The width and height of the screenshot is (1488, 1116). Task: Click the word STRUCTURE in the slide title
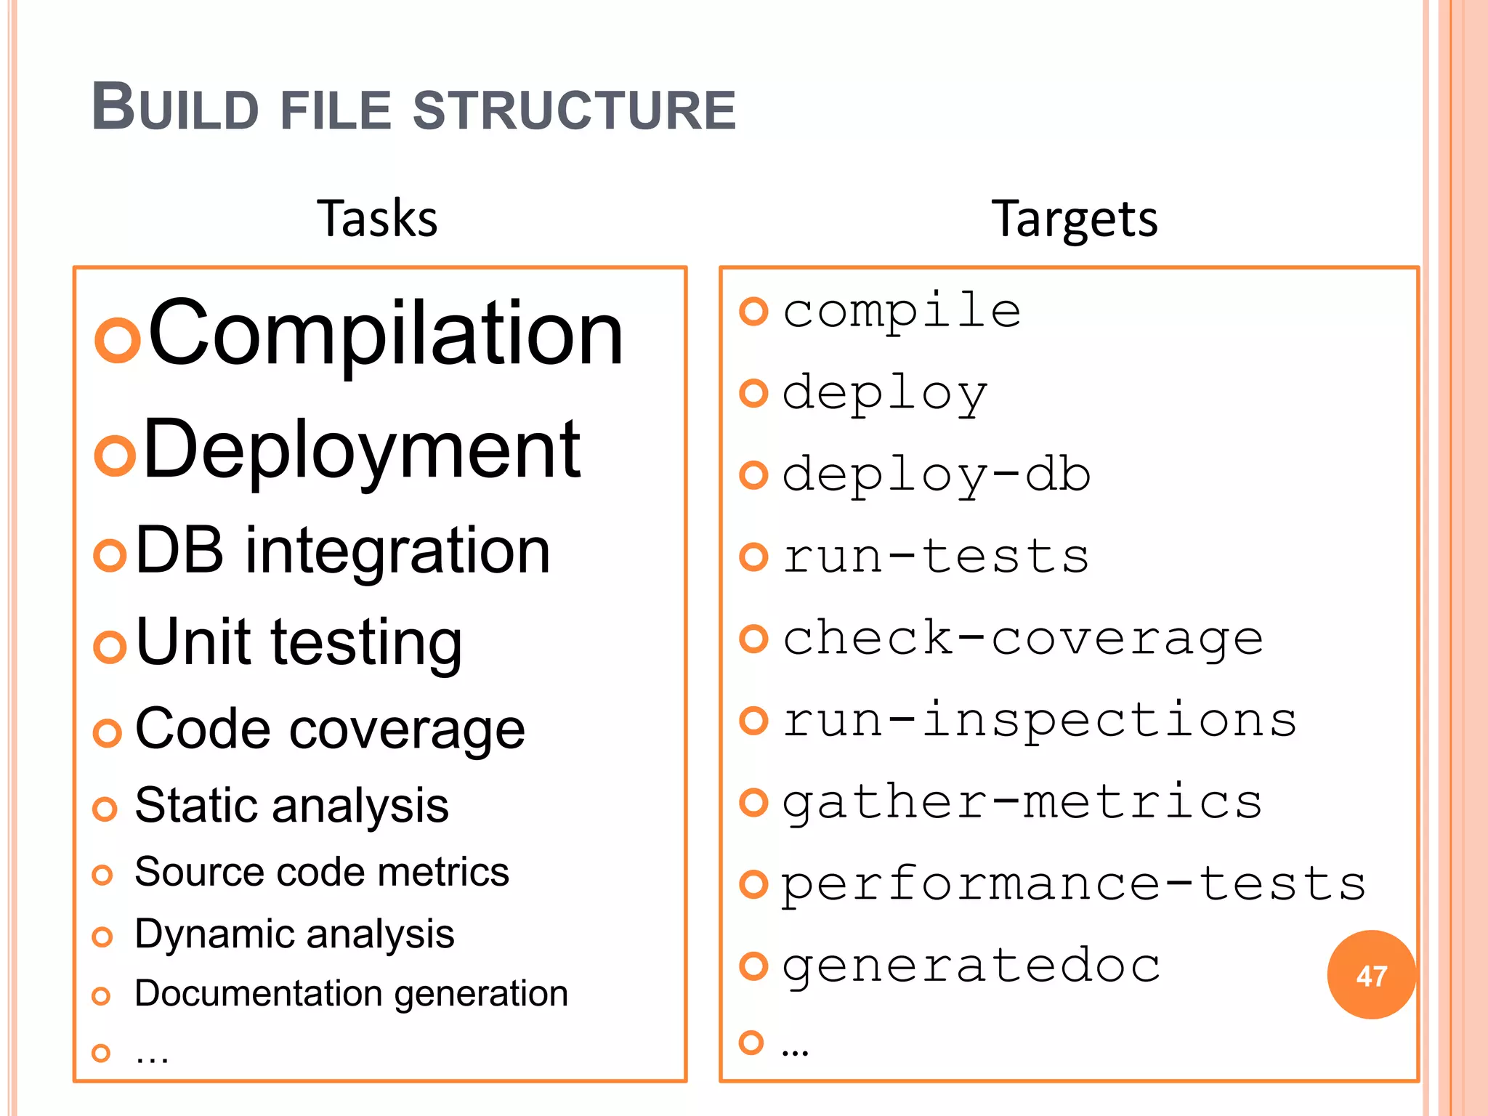pos(574,110)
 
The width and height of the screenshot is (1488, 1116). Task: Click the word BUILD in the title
pos(175,109)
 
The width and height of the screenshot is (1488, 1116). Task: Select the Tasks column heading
pos(377,219)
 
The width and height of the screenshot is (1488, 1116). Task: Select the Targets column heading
pos(1074,219)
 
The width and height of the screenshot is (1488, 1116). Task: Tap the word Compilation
pos(386,333)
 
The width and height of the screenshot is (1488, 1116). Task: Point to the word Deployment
pos(362,451)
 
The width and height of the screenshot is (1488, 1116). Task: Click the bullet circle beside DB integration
pos(110,556)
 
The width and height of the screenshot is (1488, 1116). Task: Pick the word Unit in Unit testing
pos(193,642)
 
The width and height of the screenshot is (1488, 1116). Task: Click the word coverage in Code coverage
pos(407,729)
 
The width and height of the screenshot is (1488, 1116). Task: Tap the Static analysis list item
pos(291,806)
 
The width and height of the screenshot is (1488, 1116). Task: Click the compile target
pos(902,312)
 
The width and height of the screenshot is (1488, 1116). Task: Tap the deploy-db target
pos(936,475)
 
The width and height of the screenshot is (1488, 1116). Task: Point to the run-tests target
pos(936,557)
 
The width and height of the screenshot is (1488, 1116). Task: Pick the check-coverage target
pos(1022,639)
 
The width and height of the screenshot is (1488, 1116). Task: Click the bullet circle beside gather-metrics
pos(753,802)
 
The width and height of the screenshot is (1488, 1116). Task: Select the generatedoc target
pos(971,966)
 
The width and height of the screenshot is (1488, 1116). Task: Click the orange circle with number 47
pos(1371,975)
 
